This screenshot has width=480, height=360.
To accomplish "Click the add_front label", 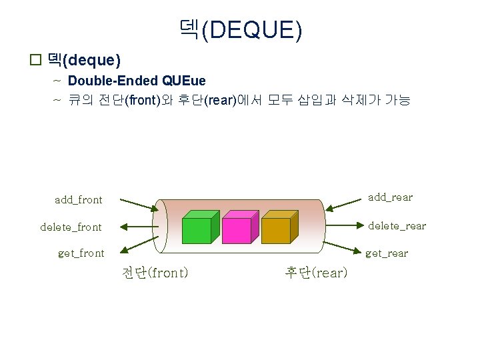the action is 79,199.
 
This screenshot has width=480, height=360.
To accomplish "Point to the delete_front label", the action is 71,227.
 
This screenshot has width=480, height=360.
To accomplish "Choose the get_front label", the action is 81,253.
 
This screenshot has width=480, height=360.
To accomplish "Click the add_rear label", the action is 390,197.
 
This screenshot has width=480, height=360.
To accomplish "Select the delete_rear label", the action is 397,225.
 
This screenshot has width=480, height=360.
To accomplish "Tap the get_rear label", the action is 387,253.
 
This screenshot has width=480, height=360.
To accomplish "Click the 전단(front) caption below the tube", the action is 155,273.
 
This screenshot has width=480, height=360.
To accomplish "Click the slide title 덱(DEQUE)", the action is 240,29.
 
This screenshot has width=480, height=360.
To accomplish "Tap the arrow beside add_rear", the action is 342,205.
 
